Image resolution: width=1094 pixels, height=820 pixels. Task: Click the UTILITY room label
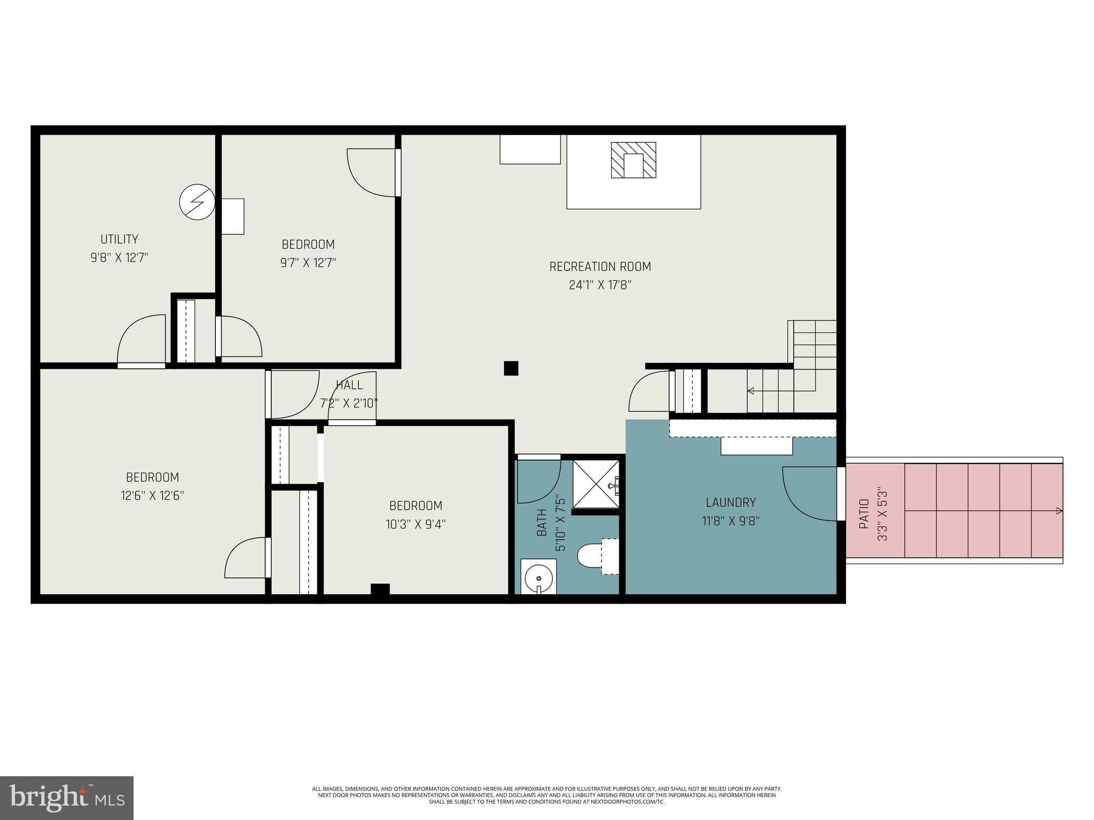pyautogui.click(x=119, y=239)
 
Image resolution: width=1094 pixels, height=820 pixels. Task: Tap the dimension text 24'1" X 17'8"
pyautogui.click(x=600, y=285)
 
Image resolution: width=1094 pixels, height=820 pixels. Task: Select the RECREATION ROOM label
pyautogui.click(x=600, y=266)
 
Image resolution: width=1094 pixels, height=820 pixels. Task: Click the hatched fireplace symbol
pyautogui.click(x=634, y=160)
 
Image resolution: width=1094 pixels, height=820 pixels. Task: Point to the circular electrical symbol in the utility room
pyautogui.click(x=197, y=202)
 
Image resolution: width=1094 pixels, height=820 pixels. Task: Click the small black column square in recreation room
pyautogui.click(x=511, y=368)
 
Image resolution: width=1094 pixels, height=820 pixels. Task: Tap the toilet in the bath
pyautogui.click(x=589, y=556)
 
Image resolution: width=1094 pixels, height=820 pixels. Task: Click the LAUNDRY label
pyautogui.click(x=730, y=502)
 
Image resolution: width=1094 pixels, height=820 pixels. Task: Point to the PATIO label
pyautogui.click(x=864, y=514)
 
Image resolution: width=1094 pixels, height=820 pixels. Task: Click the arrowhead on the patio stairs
pyautogui.click(x=1059, y=511)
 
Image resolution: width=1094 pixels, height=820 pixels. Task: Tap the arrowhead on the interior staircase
pyautogui.click(x=751, y=391)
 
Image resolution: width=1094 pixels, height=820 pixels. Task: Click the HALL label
pyautogui.click(x=349, y=385)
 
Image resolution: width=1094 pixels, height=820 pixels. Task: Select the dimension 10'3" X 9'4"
pyautogui.click(x=416, y=524)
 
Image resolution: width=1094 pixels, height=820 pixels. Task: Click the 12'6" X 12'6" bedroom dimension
pyautogui.click(x=152, y=496)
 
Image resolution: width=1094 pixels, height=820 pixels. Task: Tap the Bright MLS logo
pyautogui.click(x=67, y=798)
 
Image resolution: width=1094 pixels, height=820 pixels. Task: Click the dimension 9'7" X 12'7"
pyautogui.click(x=308, y=263)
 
